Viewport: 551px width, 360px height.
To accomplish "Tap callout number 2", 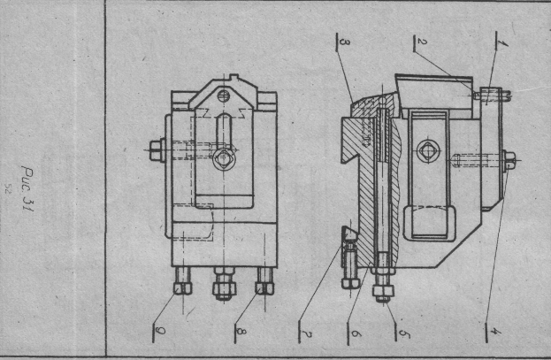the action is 423,42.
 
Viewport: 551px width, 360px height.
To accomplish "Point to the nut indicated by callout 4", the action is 509,160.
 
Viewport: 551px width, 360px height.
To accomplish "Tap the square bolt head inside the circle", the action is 429,149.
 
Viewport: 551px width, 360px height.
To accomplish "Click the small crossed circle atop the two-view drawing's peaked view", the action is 226,95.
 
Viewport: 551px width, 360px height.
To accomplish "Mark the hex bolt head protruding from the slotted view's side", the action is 156,151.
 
